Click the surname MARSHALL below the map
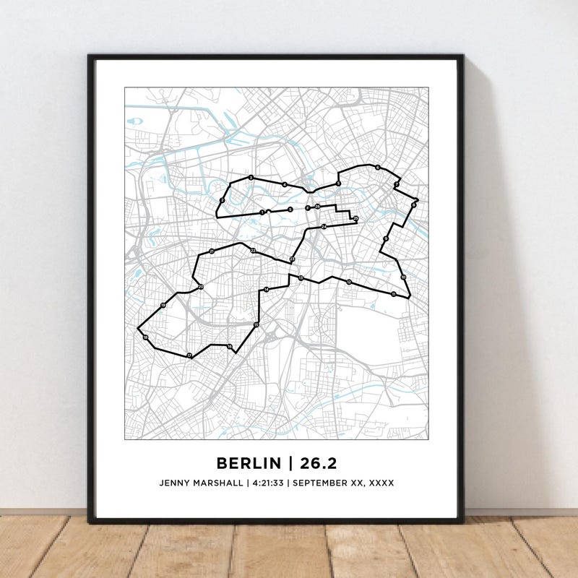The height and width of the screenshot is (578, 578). pyautogui.click(x=220, y=483)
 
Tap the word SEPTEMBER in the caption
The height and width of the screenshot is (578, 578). pyautogui.click(x=322, y=483)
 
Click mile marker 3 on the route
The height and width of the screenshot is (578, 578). pyautogui.click(x=251, y=178)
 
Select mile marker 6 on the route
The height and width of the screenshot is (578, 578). pyautogui.click(x=377, y=168)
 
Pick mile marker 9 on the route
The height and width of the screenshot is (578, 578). pyautogui.click(x=386, y=239)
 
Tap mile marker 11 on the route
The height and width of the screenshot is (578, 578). pyautogui.click(x=393, y=294)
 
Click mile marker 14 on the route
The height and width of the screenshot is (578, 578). pyautogui.click(x=266, y=290)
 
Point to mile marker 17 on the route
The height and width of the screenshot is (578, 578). pyautogui.click(x=189, y=355)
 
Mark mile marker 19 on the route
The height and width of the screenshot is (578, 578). pyautogui.click(x=163, y=306)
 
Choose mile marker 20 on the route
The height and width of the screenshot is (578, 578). pyautogui.click(x=201, y=288)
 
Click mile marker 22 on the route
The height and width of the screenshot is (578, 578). pyautogui.click(x=253, y=251)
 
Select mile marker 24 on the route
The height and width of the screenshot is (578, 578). pyautogui.click(x=324, y=227)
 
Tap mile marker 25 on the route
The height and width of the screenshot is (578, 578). pyautogui.click(x=355, y=217)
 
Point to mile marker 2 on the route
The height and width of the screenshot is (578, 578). pyautogui.click(x=222, y=200)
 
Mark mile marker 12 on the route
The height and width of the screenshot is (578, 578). pyautogui.click(x=348, y=282)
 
